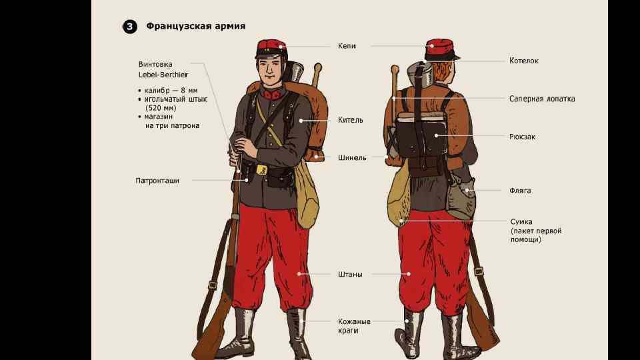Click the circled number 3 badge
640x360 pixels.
[x=130, y=27]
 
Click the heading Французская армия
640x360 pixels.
[x=196, y=26]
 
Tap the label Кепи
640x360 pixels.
[x=347, y=46]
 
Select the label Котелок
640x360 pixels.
[x=524, y=61]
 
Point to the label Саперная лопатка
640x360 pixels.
[x=542, y=99]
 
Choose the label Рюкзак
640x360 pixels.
[x=522, y=137]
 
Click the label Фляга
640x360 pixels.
[x=520, y=191]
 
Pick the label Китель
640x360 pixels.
[x=351, y=120]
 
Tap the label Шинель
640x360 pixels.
[x=352, y=157]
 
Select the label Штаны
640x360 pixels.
[x=350, y=274]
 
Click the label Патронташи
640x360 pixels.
[x=157, y=181]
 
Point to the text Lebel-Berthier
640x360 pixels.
[x=163, y=75]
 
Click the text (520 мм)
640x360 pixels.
[x=161, y=108]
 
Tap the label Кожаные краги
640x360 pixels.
[x=354, y=326]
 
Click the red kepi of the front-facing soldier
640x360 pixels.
[x=271, y=49]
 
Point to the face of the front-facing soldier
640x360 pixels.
[x=270, y=71]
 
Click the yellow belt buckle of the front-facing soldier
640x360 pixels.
[x=261, y=169]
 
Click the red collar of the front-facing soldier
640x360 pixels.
[x=270, y=95]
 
